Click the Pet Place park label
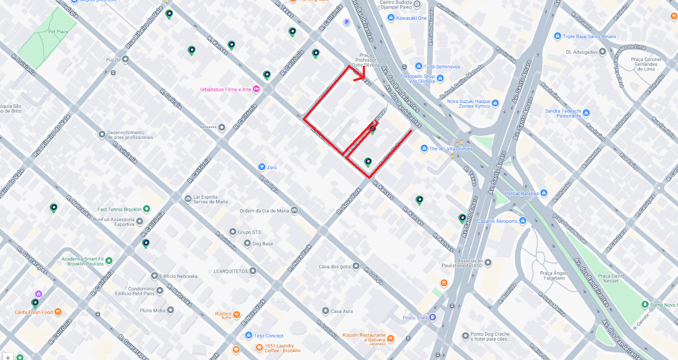point(58,32)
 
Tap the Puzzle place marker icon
point(126,59)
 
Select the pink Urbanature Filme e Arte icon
point(256,89)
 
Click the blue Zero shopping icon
point(262,167)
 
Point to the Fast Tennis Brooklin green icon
point(147,209)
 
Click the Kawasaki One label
point(411,18)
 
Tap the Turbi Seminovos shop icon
point(419,66)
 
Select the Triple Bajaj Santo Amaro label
point(589,36)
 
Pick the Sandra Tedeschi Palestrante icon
point(586,113)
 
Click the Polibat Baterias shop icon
point(544,193)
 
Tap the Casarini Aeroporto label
point(497,221)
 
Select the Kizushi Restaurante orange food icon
point(391,338)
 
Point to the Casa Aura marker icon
point(326,311)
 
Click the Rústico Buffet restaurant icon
point(237,315)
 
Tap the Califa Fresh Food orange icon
point(58,312)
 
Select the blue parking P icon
point(346,22)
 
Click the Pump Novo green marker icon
point(645,305)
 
